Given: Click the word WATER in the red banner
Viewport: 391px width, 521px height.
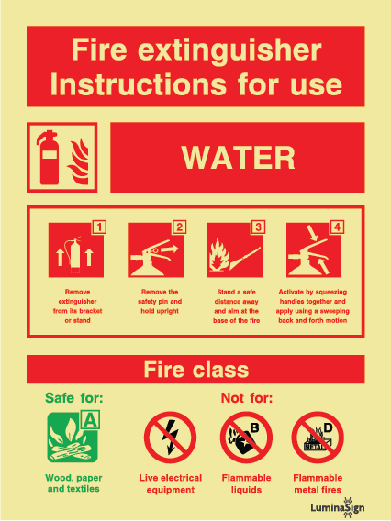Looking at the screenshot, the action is pyautogui.click(x=238, y=158).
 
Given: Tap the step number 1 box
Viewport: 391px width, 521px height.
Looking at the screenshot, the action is pyautogui.click(x=99, y=227).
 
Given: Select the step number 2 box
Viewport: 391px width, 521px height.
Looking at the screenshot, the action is pyautogui.click(x=179, y=227).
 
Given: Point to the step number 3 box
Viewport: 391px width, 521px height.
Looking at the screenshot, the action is pyautogui.click(x=258, y=227).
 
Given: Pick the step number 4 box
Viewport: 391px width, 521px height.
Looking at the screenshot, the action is pyautogui.click(x=337, y=227).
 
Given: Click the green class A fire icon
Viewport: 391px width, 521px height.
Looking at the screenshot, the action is pyautogui.click(x=73, y=437).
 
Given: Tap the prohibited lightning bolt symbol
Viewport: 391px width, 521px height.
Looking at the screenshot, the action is pyautogui.click(x=170, y=438).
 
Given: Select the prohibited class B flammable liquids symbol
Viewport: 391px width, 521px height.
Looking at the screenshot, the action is pyautogui.click(x=246, y=438).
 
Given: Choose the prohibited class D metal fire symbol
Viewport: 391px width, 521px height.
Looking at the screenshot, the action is pyautogui.click(x=318, y=438).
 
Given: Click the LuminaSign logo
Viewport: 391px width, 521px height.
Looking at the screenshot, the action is pyautogui.click(x=338, y=507).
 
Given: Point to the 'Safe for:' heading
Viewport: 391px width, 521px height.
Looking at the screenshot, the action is pyautogui.click(x=73, y=398).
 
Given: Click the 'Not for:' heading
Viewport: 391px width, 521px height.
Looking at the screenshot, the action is pyautogui.click(x=247, y=398).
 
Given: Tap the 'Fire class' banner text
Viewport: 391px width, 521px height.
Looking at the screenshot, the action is pyautogui.click(x=196, y=370).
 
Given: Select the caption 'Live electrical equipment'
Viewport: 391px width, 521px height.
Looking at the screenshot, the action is pyautogui.click(x=171, y=483).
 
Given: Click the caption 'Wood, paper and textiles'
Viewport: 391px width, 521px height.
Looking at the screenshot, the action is pyautogui.click(x=73, y=483).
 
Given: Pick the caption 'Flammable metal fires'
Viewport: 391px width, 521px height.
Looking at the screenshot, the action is pyautogui.click(x=318, y=483).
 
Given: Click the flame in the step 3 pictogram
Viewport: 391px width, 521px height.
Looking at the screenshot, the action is pyautogui.click(x=218, y=254).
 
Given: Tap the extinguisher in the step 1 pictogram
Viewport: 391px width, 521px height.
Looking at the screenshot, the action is pyautogui.click(x=75, y=253).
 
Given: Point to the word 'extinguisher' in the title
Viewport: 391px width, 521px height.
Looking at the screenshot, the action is pyautogui.click(x=229, y=50).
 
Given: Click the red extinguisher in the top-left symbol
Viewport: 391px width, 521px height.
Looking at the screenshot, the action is pyautogui.click(x=49, y=158).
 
